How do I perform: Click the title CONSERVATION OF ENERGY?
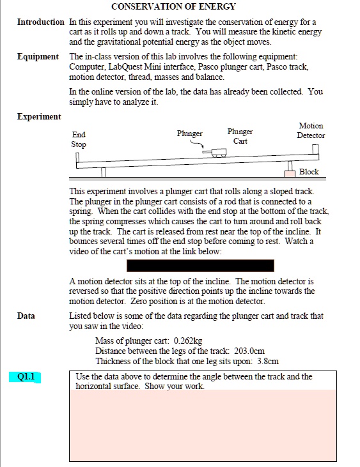[173, 7]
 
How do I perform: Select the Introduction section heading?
[41, 22]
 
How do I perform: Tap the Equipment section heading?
[38, 57]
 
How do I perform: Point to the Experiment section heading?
[39, 116]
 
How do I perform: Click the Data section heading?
[26, 316]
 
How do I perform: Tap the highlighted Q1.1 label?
[26, 377]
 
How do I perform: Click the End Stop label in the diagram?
[79, 139]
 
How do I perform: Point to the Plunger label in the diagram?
[189, 134]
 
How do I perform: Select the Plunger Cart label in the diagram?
[240, 136]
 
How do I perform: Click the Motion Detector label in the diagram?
[311, 130]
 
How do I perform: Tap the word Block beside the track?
[309, 171]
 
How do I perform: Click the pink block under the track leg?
[290, 173]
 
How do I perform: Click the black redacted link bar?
[200, 265]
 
